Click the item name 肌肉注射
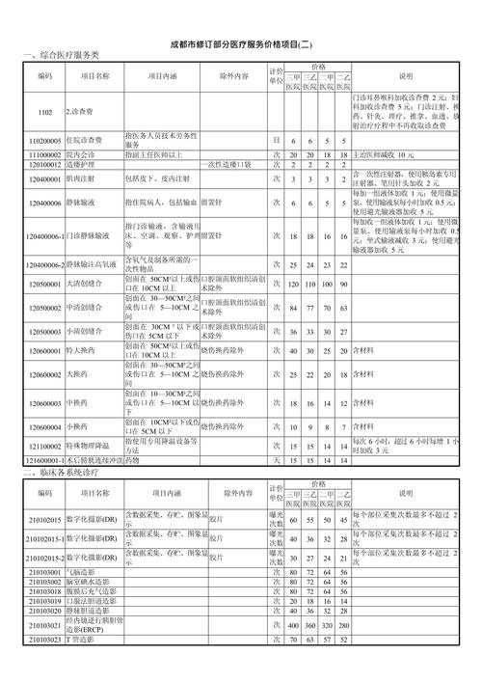click(83, 179)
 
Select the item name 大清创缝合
click(87, 285)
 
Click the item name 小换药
click(80, 424)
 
